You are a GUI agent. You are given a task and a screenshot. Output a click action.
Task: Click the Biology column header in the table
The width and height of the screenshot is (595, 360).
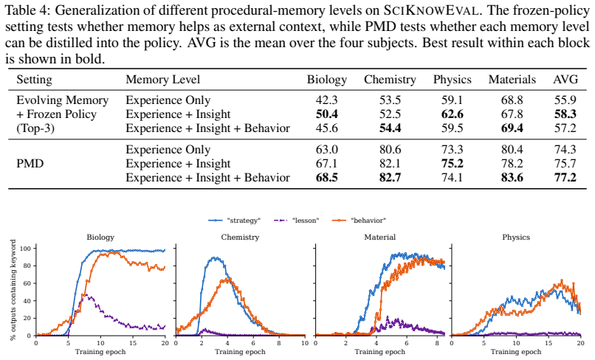point(327,80)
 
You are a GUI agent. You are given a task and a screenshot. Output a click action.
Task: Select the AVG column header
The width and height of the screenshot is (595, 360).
point(565,79)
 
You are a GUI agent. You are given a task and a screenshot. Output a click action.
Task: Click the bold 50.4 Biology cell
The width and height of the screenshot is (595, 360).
point(327,114)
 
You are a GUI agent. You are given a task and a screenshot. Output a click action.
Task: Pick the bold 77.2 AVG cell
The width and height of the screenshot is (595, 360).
point(565,178)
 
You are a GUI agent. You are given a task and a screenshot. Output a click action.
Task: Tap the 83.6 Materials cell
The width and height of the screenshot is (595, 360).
point(512,178)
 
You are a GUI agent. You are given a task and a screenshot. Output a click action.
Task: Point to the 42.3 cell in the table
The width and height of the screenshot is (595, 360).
point(327,100)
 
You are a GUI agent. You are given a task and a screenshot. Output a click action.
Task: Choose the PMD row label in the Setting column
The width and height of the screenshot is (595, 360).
point(30,164)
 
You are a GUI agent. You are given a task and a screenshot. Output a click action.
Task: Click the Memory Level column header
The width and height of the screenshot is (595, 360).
point(163,80)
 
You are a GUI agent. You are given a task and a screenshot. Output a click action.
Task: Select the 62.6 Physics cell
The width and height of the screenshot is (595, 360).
point(453,114)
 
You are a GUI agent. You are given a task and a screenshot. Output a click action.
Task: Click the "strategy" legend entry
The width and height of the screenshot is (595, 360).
point(235,221)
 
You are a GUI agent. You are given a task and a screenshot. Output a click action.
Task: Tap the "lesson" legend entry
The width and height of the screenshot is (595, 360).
point(297,221)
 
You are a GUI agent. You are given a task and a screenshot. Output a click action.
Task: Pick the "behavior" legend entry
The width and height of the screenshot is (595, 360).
point(360,221)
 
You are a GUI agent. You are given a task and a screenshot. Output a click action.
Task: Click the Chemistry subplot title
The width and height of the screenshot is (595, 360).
point(240,238)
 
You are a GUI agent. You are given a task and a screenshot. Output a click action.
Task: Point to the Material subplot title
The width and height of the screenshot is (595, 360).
point(380,238)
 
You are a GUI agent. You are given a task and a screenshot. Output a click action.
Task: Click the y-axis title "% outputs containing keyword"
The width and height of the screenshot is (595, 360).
point(13,290)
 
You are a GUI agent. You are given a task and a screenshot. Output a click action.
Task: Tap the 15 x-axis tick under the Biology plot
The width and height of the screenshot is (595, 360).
point(133,343)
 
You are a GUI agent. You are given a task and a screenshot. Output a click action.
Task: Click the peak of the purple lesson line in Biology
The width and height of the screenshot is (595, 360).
point(86,294)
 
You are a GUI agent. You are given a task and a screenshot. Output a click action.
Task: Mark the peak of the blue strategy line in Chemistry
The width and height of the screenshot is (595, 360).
point(216,258)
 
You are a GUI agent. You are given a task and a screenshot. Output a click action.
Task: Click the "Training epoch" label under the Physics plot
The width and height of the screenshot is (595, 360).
point(516,352)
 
